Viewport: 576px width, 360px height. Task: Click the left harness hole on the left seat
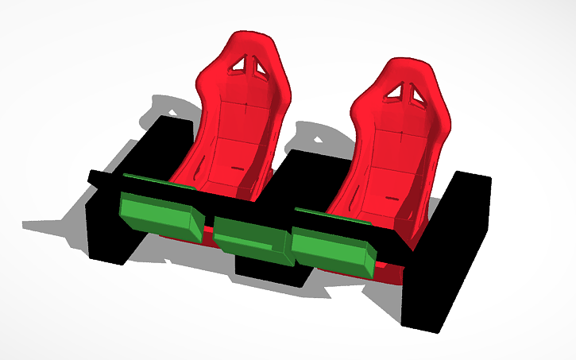pos(238,67)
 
